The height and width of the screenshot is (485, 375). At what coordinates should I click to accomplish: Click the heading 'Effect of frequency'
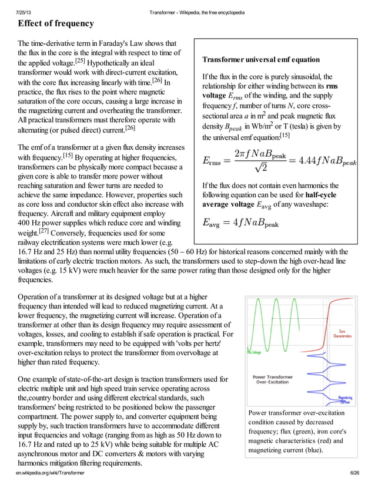(55, 23)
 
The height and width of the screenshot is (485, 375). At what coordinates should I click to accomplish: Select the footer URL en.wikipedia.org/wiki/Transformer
(51, 472)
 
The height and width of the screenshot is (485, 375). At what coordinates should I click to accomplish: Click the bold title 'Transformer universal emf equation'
(260, 60)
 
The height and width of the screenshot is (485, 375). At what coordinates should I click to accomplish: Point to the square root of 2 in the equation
(256, 167)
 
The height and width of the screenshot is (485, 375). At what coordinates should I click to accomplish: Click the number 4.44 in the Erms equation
(308, 160)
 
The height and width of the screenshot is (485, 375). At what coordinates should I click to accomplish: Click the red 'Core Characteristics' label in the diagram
(342, 333)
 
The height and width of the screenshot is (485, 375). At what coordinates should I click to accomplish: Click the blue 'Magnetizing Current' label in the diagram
(346, 400)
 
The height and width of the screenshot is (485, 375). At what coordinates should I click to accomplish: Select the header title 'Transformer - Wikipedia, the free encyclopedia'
(197, 12)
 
